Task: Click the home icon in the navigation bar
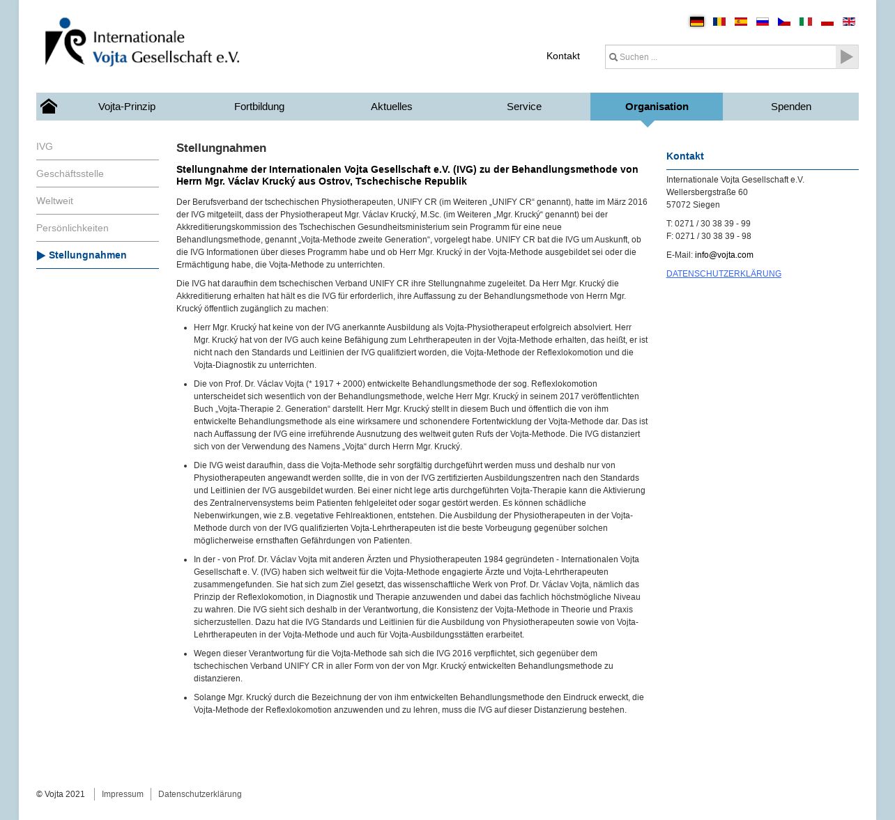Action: click(x=49, y=107)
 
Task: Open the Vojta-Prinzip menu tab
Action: click(x=127, y=107)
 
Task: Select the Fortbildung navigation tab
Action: click(x=259, y=107)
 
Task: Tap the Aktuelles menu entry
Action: click(x=391, y=107)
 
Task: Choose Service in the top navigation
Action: click(x=524, y=107)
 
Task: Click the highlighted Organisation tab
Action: click(x=657, y=107)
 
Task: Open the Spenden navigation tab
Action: click(x=791, y=107)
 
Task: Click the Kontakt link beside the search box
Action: click(x=563, y=56)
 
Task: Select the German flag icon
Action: click(x=697, y=22)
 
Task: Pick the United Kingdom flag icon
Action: click(x=849, y=22)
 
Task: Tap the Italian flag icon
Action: click(x=806, y=22)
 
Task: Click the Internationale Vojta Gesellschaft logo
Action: click(x=142, y=42)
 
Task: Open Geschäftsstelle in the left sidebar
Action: click(x=70, y=173)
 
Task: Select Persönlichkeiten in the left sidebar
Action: click(x=72, y=228)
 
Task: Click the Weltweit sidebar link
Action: click(x=54, y=201)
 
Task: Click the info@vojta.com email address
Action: click(x=724, y=255)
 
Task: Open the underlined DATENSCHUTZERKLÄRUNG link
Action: click(x=724, y=274)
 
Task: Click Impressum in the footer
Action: click(x=123, y=794)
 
